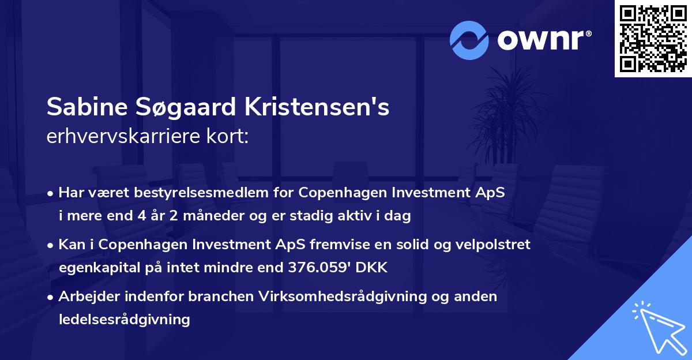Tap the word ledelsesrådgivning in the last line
click(x=124, y=318)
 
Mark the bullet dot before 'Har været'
click(x=51, y=194)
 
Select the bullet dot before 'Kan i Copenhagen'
click(x=51, y=245)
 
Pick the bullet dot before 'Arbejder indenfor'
click(x=51, y=297)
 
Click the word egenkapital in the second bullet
click(x=97, y=268)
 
